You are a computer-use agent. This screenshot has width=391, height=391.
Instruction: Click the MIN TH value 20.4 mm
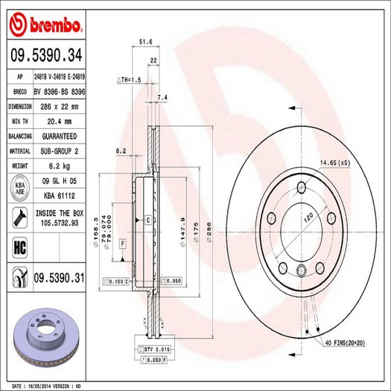click(59, 121)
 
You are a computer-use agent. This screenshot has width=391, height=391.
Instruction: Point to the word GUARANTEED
click(59, 136)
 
